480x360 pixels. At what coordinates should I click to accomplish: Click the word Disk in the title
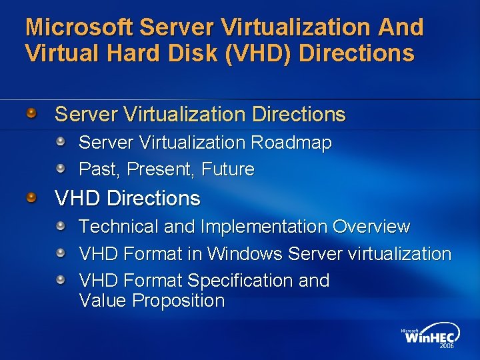(192, 53)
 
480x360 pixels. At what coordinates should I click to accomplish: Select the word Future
(229, 169)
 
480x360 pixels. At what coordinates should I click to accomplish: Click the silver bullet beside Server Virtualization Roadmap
(61, 141)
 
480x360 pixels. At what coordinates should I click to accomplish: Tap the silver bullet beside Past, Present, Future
(61, 168)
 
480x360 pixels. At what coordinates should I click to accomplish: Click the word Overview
(371, 227)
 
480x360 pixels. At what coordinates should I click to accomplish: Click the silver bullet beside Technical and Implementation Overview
(61, 226)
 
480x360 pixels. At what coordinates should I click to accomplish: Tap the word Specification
(241, 281)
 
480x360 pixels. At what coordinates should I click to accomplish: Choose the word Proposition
(178, 301)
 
